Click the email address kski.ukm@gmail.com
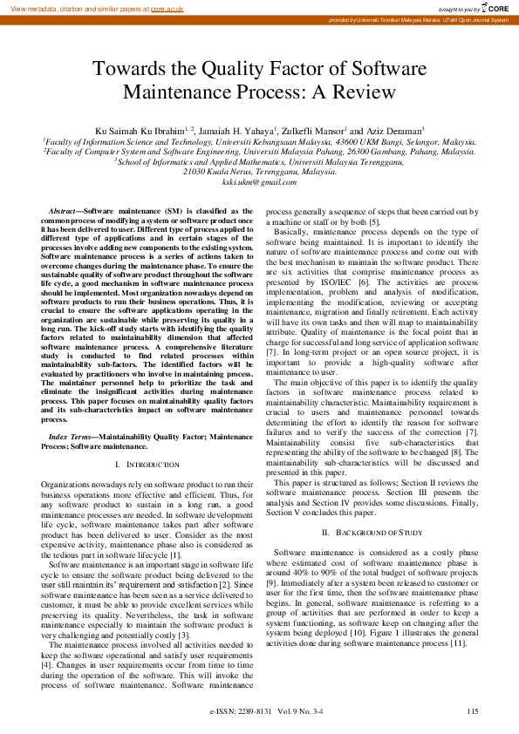click(259, 182)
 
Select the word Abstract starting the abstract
click(61, 211)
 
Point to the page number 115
click(472, 711)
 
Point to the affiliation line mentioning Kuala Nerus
click(259, 172)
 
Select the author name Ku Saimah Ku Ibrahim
click(142, 130)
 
